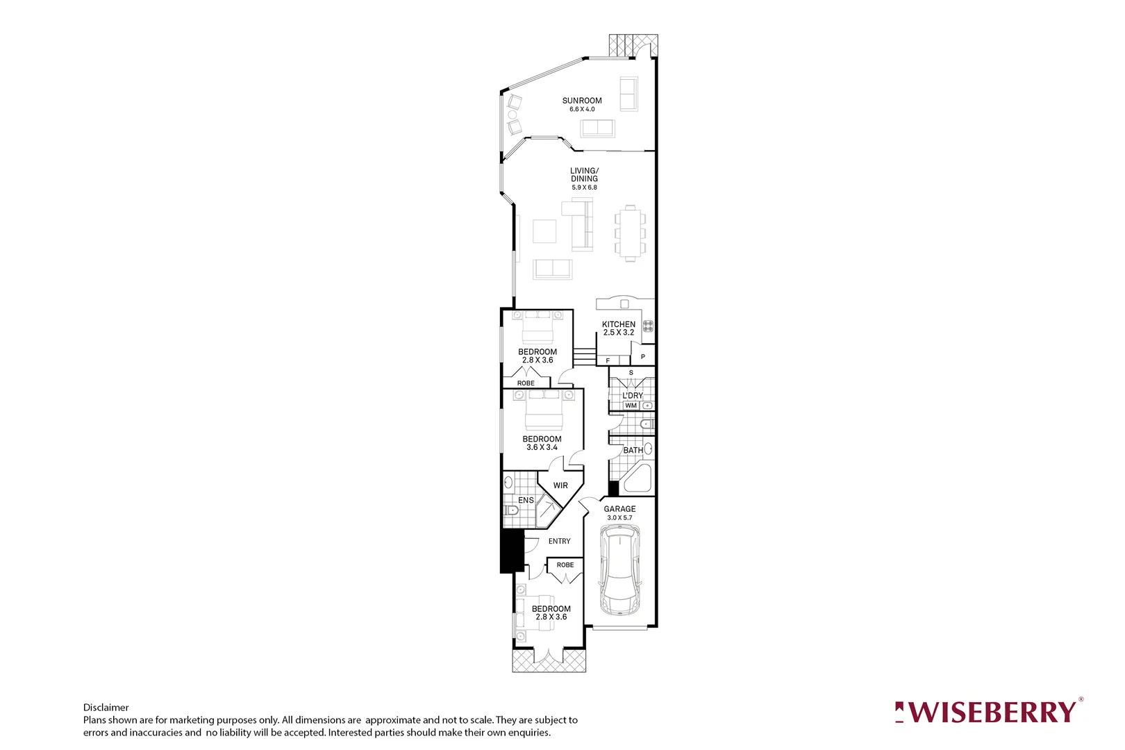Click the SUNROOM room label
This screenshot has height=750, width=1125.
coord(582,101)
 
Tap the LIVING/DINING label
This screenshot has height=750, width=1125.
coord(584,175)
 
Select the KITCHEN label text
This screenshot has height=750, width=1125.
coord(618,324)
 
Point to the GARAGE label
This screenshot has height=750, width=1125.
coord(619,509)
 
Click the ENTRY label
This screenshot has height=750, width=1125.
coord(559,541)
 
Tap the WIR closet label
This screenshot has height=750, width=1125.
coord(560,485)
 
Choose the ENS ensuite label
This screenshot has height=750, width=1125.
coord(526,500)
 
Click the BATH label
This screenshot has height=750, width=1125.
coord(633,450)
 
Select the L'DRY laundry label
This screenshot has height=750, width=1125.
coord(632,395)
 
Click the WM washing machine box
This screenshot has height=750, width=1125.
coord(631,406)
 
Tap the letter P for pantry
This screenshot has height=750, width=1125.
coord(643,357)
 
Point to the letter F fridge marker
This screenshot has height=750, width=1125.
coord(608,361)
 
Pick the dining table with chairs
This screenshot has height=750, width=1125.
coord(630,233)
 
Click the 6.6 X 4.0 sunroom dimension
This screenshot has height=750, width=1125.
coord(582,110)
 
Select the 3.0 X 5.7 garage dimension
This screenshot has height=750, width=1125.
coord(619,517)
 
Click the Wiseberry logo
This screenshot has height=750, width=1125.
coord(989,712)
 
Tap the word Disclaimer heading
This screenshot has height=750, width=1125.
coord(106,708)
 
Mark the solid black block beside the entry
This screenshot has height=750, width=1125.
coord(511,551)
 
